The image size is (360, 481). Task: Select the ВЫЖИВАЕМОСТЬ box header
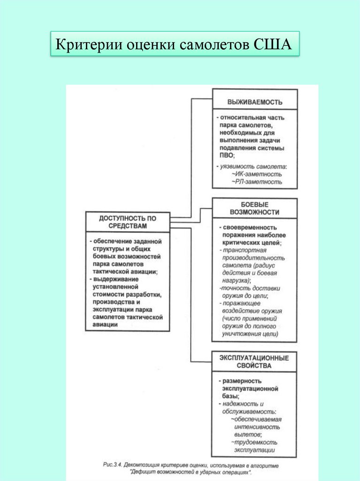(255, 101)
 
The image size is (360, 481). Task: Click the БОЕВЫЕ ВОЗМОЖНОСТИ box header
(255, 208)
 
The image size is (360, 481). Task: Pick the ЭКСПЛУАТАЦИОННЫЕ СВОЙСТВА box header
(255, 361)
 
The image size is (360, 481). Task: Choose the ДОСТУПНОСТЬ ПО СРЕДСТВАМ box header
(128, 222)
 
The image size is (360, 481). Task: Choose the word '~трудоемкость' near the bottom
(254, 442)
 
